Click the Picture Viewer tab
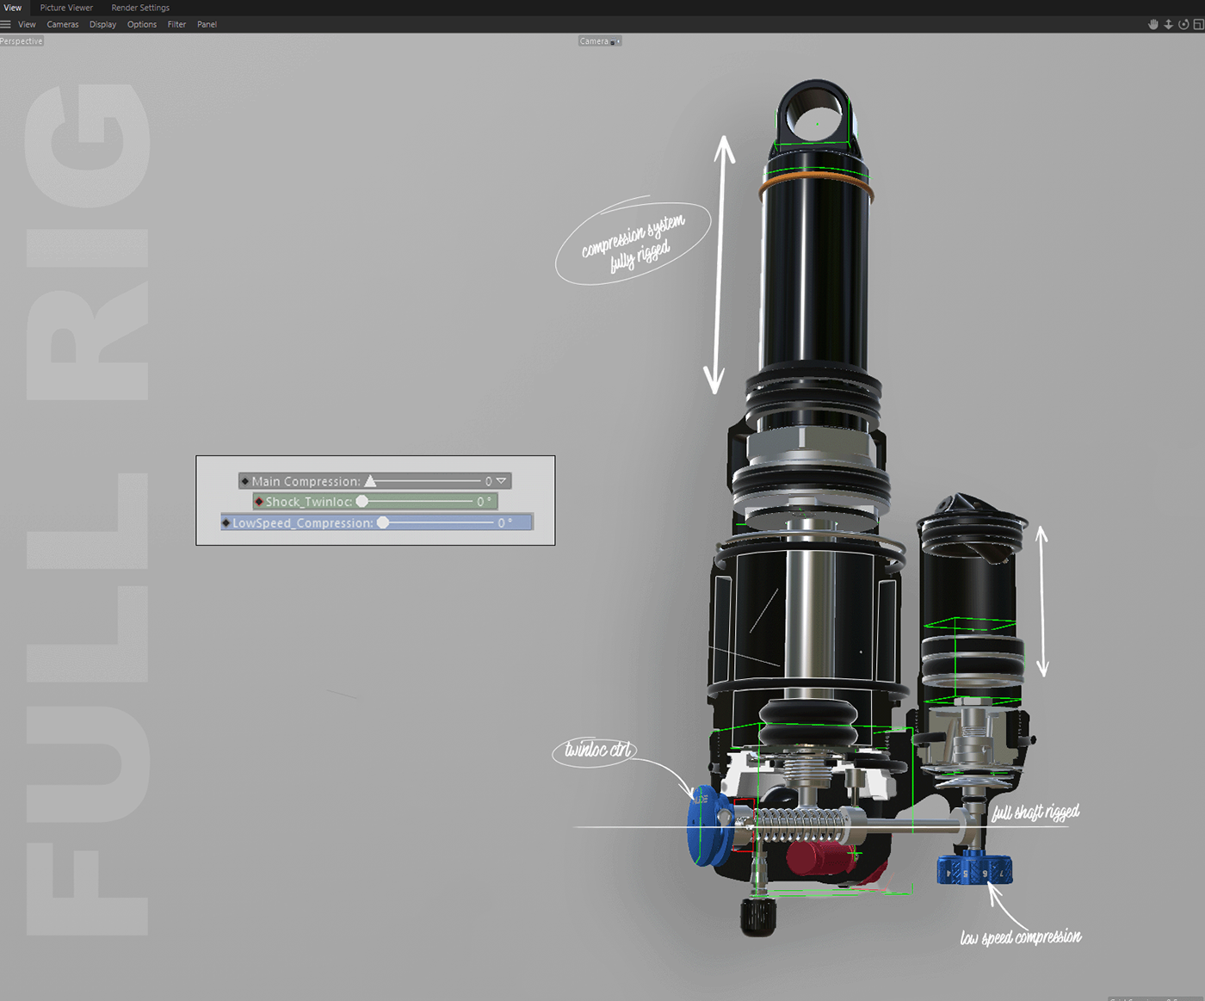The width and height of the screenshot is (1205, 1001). coord(66,8)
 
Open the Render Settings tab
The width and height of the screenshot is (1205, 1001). coord(140,8)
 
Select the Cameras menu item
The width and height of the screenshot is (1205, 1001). coord(63,24)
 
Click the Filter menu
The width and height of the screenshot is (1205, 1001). coord(176,24)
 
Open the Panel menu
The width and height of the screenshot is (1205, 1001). coord(207,24)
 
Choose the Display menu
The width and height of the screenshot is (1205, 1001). coord(102,24)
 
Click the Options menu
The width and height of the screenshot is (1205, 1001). coord(142,24)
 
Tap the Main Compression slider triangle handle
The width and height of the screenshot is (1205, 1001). coord(370,481)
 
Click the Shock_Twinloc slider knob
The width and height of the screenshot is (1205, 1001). coord(362,502)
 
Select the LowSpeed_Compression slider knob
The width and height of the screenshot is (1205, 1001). coord(383,522)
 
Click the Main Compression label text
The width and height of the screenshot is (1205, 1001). coord(306,481)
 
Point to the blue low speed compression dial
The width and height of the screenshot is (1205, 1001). coord(974,869)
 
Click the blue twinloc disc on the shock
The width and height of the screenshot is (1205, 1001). coord(703,825)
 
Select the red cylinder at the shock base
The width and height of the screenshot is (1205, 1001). coord(814,858)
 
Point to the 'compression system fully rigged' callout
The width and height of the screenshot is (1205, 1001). coord(633,243)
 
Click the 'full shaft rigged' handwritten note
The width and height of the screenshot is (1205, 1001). coord(1035,813)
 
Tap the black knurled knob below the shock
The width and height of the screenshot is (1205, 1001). coord(758,918)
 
